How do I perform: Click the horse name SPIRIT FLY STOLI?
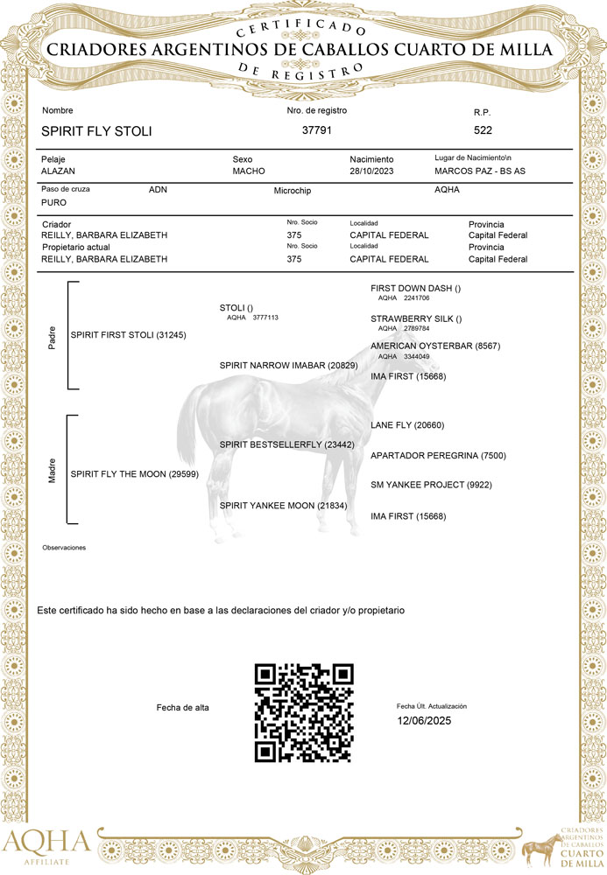coord(96,131)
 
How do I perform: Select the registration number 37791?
coord(316,130)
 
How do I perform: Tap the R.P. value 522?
coord(483,130)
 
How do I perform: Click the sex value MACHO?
coord(249,171)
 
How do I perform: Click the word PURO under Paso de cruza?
coord(53,202)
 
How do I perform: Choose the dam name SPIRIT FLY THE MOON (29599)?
coord(134,473)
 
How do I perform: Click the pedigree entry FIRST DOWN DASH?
coord(416,288)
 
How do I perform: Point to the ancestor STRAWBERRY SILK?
coord(416,318)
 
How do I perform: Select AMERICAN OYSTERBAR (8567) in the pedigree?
coord(435,346)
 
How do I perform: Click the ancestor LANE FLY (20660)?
coord(407,425)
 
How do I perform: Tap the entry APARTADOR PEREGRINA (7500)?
coord(438,456)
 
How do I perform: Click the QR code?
coord(304,712)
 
